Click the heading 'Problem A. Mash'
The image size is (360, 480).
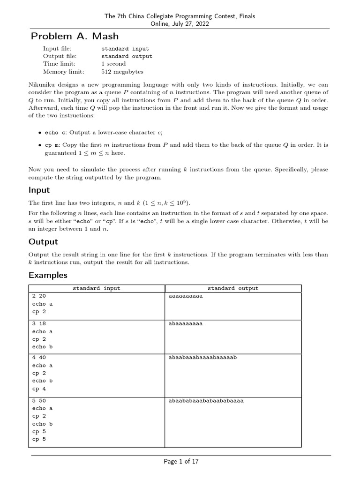(75, 36)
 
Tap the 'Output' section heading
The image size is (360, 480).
(43, 241)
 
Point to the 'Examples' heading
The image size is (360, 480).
(48, 275)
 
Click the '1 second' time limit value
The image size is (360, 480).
(113, 64)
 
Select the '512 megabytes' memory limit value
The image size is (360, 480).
(122, 72)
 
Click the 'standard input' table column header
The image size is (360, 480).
(96, 288)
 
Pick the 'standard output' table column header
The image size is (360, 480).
(233, 288)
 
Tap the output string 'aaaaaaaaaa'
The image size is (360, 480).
(185, 296)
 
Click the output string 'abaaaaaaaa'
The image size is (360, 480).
(185, 323)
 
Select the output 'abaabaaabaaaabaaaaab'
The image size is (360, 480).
(202, 358)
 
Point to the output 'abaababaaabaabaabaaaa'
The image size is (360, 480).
(206, 401)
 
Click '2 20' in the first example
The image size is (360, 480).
(39, 296)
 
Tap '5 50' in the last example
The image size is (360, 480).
(39, 401)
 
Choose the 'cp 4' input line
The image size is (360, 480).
(39, 389)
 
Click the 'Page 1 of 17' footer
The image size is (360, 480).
(181, 462)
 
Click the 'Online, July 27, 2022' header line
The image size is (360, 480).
(180, 24)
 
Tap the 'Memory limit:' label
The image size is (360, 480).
(63, 72)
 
